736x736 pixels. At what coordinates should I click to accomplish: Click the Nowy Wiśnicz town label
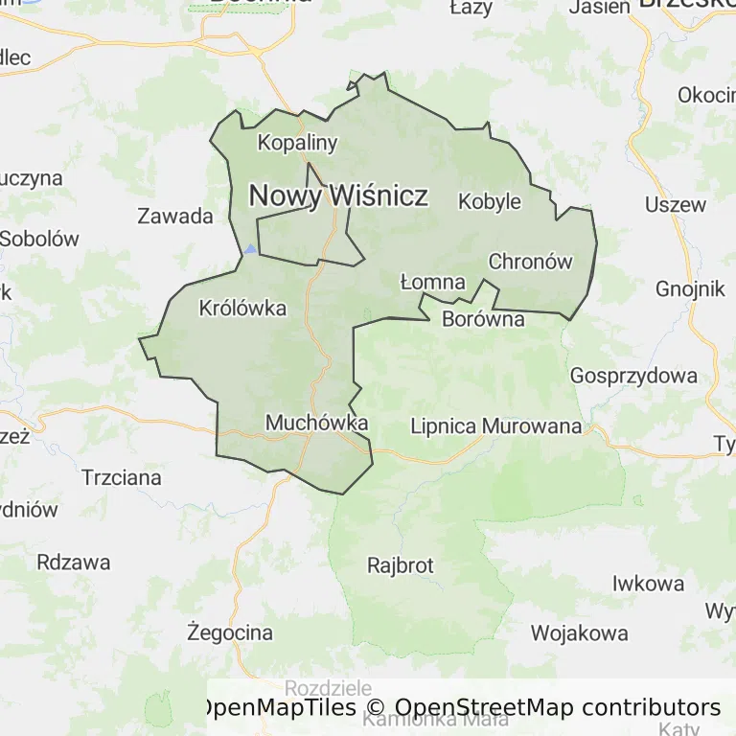coord(338,196)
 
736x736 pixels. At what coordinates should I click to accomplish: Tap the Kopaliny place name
coord(298,144)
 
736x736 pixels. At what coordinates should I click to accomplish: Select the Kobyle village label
coord(490,202)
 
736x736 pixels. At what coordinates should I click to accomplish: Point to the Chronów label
coord(530,262)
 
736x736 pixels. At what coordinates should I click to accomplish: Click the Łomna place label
coord(432,283)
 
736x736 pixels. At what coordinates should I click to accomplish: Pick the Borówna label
coord(483,320)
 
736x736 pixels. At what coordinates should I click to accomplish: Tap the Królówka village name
coord(242,309)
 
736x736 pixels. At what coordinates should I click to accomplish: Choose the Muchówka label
coord(316,423)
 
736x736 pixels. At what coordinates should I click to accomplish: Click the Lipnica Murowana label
coord(495,426)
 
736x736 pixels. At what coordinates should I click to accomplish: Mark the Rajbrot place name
coord(401,565)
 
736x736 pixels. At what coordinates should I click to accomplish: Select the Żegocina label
coord(230,632)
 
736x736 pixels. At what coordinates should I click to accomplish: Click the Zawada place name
coord(175,216)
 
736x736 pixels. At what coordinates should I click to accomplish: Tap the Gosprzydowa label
coord(633,376)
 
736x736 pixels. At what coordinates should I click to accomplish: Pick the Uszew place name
coord(675,204)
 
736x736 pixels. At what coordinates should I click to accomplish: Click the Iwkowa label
coord(649,584)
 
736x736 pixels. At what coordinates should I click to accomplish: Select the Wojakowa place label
coord(580,632)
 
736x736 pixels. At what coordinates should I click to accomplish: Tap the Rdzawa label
coord(74,563)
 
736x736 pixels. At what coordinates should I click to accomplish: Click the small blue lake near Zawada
coord(250,249)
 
